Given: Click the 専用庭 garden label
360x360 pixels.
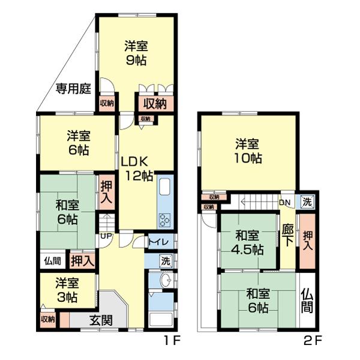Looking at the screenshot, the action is pos(73,88).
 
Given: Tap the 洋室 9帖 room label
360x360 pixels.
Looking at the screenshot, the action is pos(136,53).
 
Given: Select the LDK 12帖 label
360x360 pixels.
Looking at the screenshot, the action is pos(137,169).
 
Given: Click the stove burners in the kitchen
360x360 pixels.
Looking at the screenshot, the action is pos(165,220).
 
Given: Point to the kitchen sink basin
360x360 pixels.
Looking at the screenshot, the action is pos(165,187).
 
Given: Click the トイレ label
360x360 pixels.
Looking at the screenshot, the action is pos(158,242).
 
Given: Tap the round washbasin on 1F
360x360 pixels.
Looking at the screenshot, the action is pos(166,280).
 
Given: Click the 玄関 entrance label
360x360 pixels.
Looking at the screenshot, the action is pos(101,320).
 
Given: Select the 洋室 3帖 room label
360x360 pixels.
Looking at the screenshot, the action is pos(67,290).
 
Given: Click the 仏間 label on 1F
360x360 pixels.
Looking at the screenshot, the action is pos(53,261).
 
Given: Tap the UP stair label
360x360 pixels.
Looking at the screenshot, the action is pos(106,236).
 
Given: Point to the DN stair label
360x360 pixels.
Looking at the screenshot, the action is pos(284,203).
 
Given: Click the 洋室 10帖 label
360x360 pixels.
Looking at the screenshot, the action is pos(248,151).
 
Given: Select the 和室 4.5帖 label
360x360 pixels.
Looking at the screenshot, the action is pos(247,242).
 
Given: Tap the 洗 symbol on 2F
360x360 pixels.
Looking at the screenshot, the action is pos(307,202).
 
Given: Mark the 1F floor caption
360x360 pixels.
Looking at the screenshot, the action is pos(172,341).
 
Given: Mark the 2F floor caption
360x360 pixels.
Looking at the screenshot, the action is pos(313,341).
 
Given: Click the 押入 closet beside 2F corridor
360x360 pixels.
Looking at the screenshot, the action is pos(308,241).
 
